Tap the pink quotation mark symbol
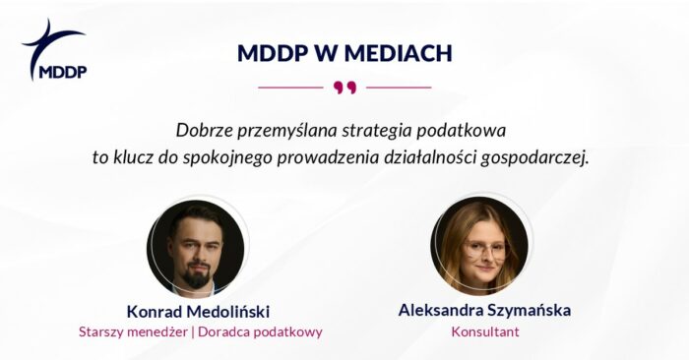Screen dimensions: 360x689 tap(344, 88)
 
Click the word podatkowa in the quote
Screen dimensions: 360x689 tap(470, 130)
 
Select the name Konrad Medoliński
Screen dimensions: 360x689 tap(201, 310)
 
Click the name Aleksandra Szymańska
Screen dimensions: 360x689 tap(484, 310)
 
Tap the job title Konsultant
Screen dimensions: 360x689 tap(484, 331)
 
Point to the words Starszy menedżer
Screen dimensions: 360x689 tap(134, 331)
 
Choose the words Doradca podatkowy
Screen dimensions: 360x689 tap(260, 331)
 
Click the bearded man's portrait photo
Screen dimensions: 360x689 tap(196, 247)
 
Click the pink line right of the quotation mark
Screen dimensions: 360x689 tap(399, 88)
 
